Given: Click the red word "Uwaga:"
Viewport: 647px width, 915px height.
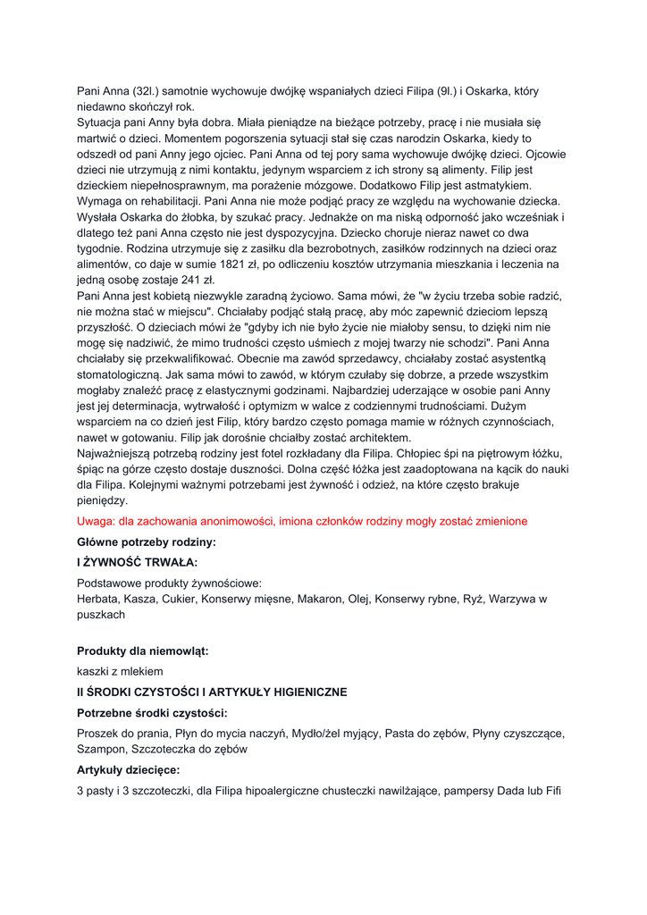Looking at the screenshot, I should click(x=97, y=521).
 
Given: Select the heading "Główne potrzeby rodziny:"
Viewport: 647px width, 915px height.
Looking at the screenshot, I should click(x=147, y=541).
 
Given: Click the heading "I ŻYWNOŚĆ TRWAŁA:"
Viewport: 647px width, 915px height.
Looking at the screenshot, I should click(x=137, y=562).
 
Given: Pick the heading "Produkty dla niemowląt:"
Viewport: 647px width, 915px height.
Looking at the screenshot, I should click(x=143, y=651).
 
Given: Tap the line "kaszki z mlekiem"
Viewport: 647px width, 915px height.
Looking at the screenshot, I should click(x=120, y=671).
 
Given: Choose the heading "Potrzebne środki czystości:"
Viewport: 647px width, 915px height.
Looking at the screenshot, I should click(x=152, y=712).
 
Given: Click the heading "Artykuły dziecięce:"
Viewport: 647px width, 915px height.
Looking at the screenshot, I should click(x=128, y=769).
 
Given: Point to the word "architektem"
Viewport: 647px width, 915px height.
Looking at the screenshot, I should click(x=378, y=438).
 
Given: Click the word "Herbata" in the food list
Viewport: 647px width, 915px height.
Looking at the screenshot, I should click(x=98, y=599).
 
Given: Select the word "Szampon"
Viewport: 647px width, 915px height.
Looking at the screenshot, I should click(x=101, y=749).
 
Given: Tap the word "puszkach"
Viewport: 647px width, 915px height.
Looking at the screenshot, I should click(x=101, y=615).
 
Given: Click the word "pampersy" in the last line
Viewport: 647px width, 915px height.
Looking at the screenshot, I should click(x=475, y=790).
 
